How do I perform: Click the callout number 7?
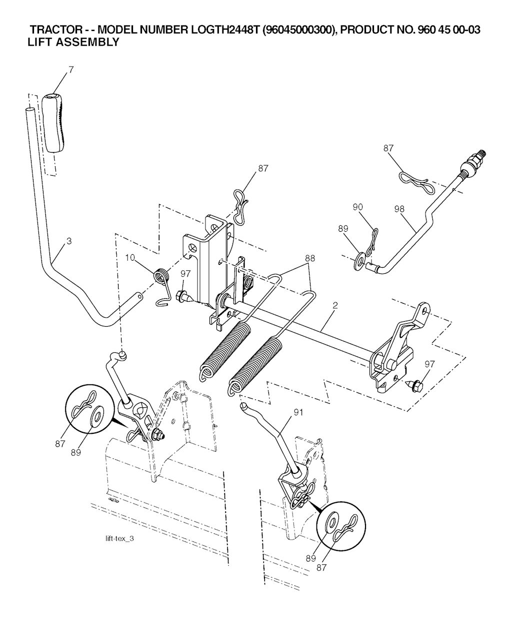point(70,70)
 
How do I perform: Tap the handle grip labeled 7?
point(53,121)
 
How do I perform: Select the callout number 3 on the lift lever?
point(69,241)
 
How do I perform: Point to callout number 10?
point(130,258)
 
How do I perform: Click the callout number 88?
point(310,259)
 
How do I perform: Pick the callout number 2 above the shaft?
point(334,305)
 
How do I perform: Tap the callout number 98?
point(399,209)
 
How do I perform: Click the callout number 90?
point(357,207)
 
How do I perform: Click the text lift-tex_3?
point(120,539)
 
